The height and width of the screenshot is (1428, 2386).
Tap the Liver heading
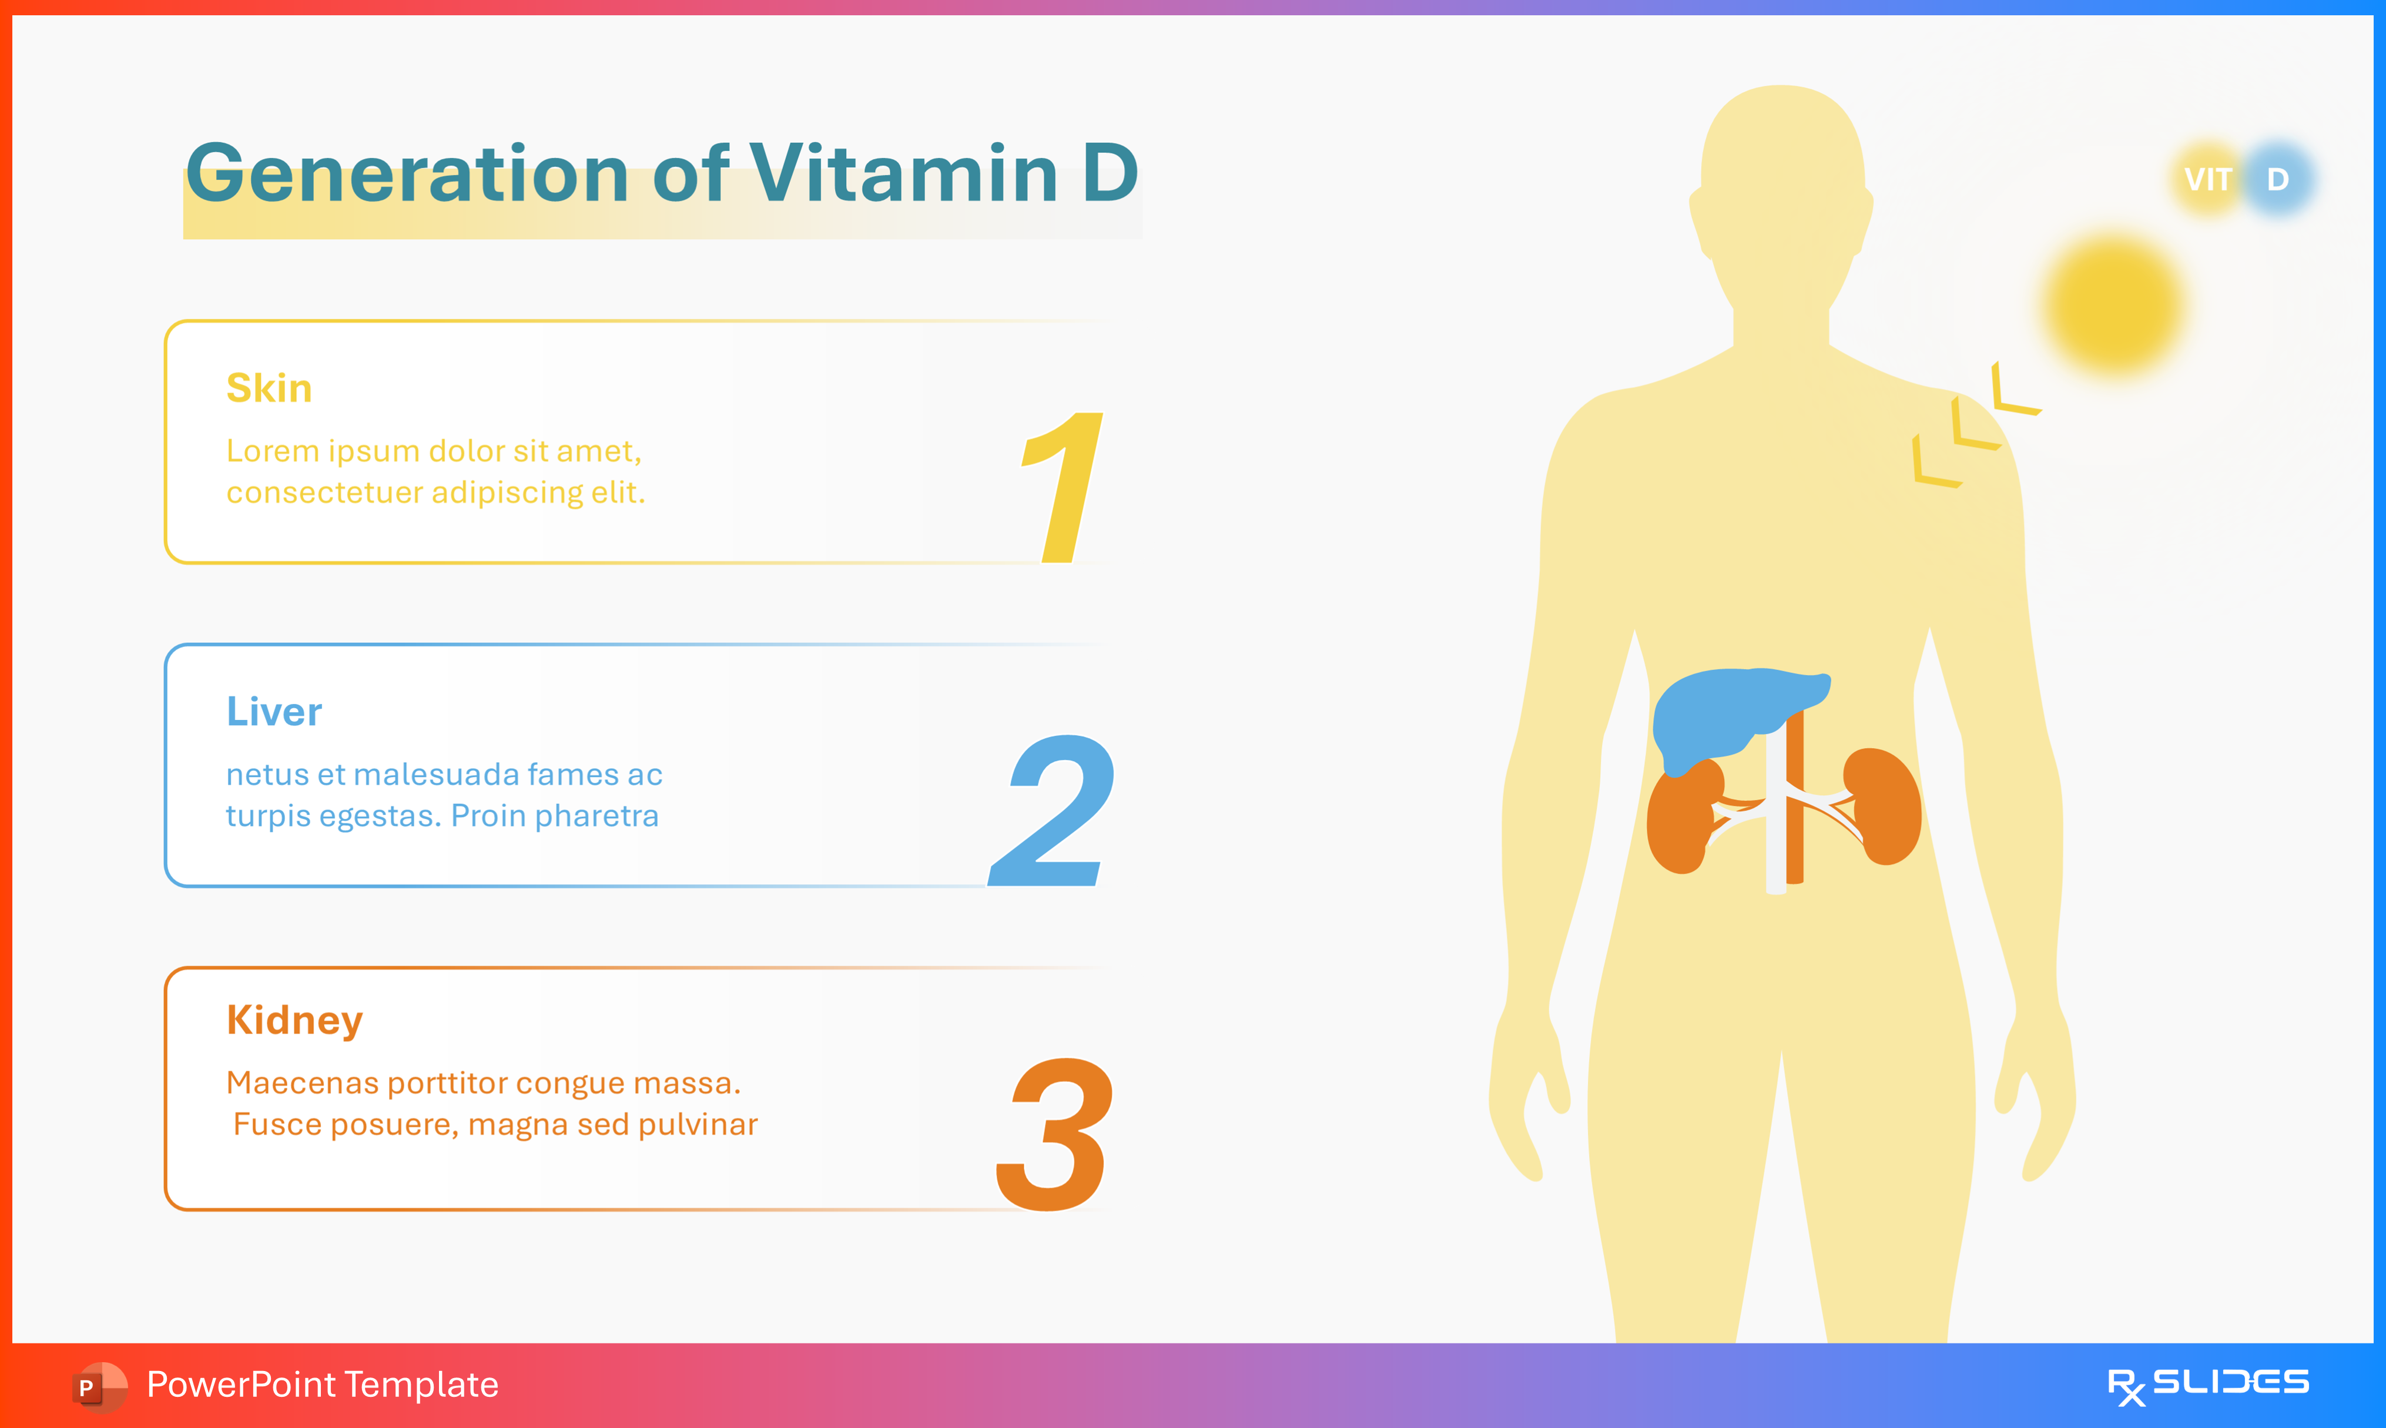pos(274,712)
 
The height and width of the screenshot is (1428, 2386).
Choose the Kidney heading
pos(294,1020)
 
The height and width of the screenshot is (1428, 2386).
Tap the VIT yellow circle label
pos(2208,180)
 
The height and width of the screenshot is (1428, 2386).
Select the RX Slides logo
pos(2207,1386)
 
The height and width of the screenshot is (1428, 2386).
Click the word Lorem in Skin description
pos(272,451)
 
